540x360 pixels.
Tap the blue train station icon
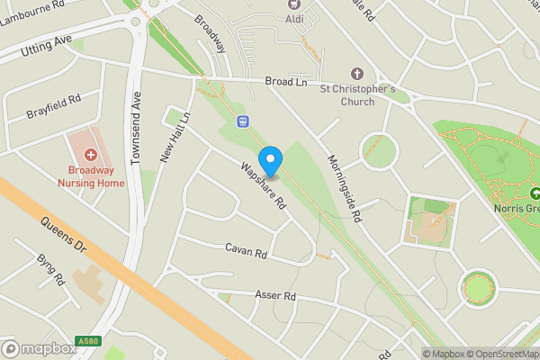pyautogui.click(x=242, y=121)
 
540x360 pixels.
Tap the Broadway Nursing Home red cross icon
pyautogui.click(x=91, y=141)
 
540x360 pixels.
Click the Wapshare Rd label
pyautogui.click(x=263, y=184)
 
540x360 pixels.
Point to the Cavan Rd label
pyautogui.click(x=247, y=252)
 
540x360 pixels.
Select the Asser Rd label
pyautogui.click(x=275, y=296)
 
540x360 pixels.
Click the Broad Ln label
pyautogui.click(x=286, y=82)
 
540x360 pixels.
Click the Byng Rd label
pyautogui.click(x=51, y=269)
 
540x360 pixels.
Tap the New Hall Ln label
pyautogui.click(x=176, y=138)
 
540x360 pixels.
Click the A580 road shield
pyautogui.click(x=87, y=341)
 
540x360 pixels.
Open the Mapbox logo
pyautogui.click(x=38, y=349)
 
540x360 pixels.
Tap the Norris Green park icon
pyautogui.click(x=535, y=193)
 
